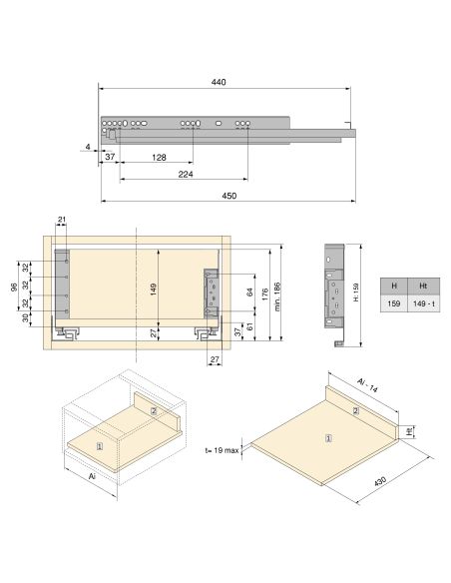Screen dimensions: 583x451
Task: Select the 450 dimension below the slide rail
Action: (228, 196)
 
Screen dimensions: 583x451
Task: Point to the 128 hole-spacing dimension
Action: (160, 158)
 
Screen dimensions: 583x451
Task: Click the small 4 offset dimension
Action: (88, 147)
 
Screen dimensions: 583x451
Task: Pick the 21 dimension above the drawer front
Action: (61, 220)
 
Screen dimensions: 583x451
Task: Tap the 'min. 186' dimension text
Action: (277, 293)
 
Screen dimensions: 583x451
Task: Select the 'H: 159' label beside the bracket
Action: (355, 295)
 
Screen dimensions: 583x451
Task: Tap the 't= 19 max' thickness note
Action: (221, 450)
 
